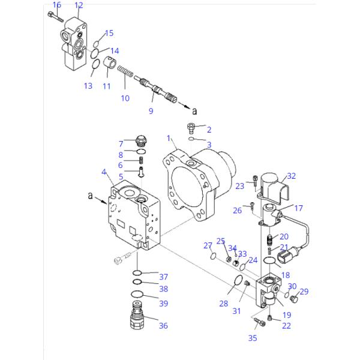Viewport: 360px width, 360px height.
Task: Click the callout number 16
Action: coord(57,5)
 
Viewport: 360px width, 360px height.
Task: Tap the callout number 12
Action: coord(79,5)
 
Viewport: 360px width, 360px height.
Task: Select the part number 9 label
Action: coord(151,112)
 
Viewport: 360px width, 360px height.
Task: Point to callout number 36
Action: coord(163,326)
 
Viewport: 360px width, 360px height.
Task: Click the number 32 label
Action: coord(292,176)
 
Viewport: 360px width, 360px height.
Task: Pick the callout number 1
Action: coord(169,139)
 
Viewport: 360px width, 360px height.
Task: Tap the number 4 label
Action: coord(104,172)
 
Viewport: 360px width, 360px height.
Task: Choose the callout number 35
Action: coord(252,338)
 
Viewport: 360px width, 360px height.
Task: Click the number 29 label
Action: coord(304,292)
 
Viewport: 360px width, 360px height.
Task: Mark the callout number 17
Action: coord(298,208)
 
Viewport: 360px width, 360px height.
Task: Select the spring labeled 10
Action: coord(125,74)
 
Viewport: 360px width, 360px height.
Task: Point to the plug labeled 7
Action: coord(141,142)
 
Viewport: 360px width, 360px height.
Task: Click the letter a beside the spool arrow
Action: coord(194,111)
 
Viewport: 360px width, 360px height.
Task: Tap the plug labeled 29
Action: coord(293,299)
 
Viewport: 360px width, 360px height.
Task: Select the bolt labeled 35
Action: coord(259,323)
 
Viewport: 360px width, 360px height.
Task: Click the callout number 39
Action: coord(163,304)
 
